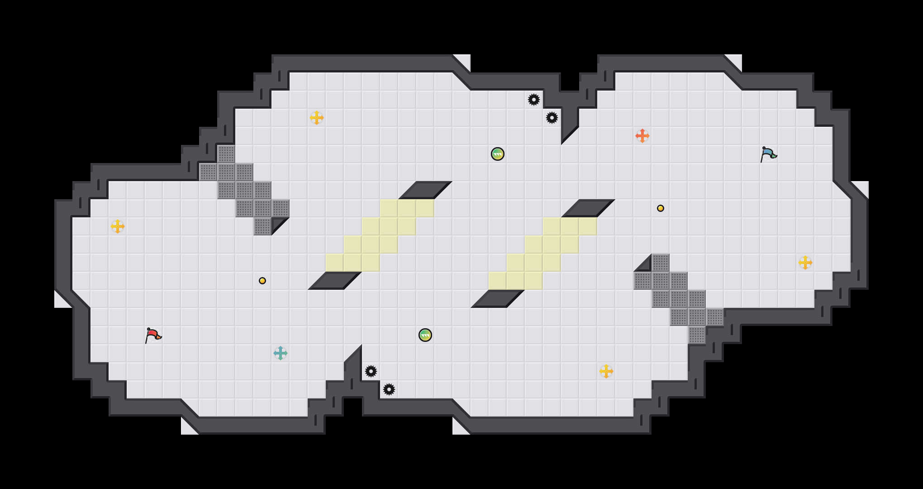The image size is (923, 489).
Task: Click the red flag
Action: click(153, 335)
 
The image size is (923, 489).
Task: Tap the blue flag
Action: click(768, 154)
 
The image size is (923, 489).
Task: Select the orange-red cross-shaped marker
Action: click(642, 136)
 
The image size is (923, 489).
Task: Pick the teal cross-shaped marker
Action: click(281, 353)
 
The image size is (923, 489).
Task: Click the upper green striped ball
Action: click(498, 154)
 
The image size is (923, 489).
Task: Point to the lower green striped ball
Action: click(425, 335)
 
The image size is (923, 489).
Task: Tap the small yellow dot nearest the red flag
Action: click(262, 281)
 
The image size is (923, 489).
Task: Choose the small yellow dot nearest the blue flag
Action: click(661, 208)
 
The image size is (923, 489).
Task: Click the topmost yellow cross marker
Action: click(317, 118)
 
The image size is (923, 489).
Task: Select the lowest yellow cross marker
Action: click(606, 371)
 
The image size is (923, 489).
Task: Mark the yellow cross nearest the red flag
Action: click(118, 226)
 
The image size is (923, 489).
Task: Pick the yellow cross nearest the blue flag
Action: click(805, 263)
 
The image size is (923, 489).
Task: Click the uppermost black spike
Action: click(534, 100)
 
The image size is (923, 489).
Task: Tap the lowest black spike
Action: click(389, 389)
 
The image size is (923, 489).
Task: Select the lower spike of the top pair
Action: click(552, 118)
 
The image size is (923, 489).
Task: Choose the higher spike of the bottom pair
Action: click(371, 371)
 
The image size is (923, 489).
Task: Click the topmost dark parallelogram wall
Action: click(425, 190)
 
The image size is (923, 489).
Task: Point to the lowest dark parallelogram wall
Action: click(498, 299)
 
